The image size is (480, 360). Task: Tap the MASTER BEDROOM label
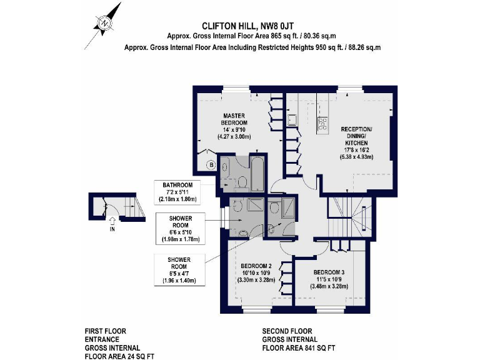coord(234,119)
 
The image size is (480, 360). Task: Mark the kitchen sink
coord(291,120)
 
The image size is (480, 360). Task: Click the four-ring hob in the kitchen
coord(323,123)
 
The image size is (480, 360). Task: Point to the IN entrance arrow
coord(112,221)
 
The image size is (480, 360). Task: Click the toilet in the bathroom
coord(241,183)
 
